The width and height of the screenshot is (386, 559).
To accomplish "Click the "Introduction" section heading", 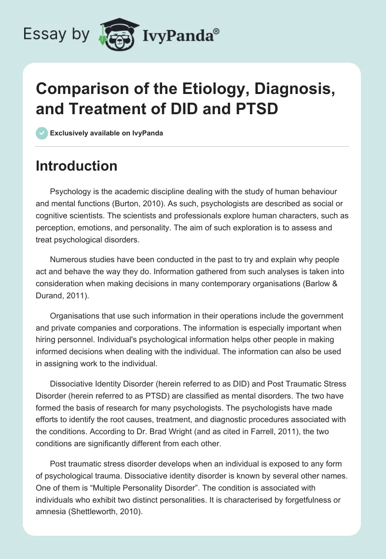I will (77, 166).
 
